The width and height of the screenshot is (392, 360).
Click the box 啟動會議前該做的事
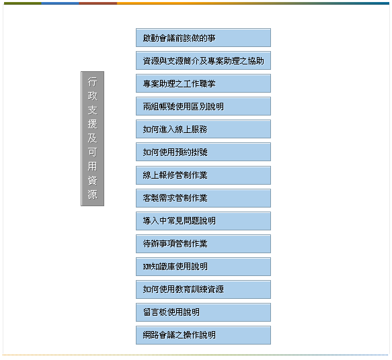point(203,38)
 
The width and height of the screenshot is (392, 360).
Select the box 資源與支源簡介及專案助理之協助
point(203,60)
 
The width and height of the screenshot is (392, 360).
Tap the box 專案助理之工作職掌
point(203,83)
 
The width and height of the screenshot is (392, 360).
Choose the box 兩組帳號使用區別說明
point(203,106)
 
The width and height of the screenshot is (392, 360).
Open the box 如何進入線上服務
point(203,129)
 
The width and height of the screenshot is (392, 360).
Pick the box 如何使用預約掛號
point(203,152)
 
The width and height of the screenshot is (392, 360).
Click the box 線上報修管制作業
point(203,175)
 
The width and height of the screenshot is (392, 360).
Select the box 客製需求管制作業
point(203,198)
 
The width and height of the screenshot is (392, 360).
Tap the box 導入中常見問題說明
point(203,221)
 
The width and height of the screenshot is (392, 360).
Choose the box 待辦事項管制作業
point(203,244)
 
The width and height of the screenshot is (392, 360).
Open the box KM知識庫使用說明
point(203,267)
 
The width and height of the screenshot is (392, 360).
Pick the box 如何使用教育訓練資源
point(203,289)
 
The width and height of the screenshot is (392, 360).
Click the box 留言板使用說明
point(203,312)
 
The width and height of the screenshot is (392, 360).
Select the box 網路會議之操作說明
point(203,335)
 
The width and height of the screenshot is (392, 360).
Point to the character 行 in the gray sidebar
point(93,82)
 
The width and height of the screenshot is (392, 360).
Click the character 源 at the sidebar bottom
point(93,194)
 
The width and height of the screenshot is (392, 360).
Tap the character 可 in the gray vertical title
point(93,152)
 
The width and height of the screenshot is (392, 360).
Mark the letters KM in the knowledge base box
point(146,267)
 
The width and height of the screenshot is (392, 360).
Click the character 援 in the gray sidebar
point(93,124)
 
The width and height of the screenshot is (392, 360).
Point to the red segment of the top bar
point(98,3)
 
